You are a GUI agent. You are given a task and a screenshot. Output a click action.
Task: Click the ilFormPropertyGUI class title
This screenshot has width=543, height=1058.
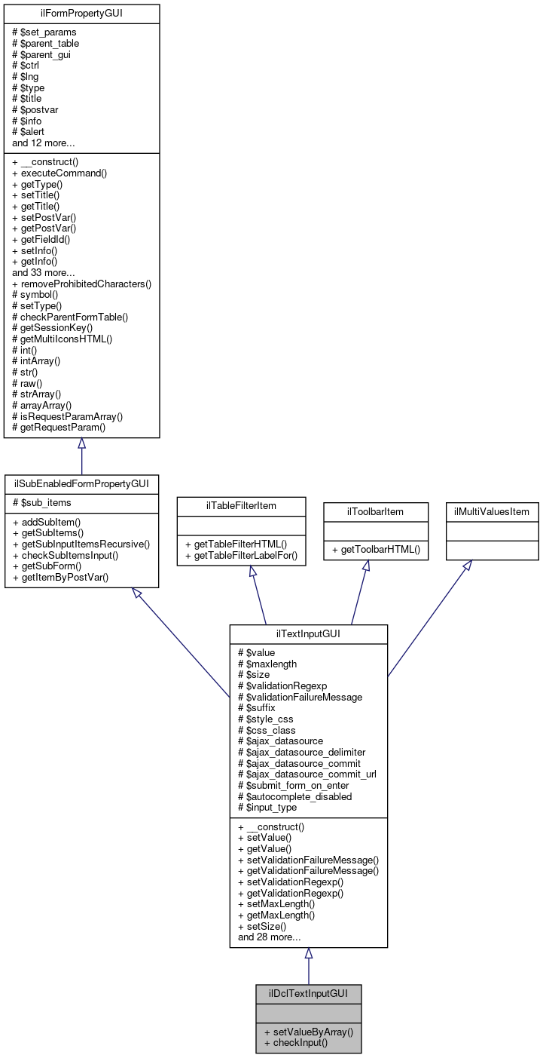tap(81, 14)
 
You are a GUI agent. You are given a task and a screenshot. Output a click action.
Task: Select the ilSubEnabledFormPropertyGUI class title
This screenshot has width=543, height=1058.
tap(81, 483)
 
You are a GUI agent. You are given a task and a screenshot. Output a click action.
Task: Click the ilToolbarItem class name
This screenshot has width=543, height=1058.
tap(365, 511)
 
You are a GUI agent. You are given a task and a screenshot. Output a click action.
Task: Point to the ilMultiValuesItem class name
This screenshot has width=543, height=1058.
tap(491, 511)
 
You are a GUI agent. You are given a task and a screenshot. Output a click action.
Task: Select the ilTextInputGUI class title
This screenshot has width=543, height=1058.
tap(308, 633)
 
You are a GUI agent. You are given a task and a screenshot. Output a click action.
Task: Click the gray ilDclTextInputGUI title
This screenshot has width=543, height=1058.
tap(308, 993)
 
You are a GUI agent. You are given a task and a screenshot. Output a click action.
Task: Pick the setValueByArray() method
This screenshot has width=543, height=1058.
tap(309, 1031)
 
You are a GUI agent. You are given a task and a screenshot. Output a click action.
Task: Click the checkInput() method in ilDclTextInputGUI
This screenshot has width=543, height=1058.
tap(296, 1043)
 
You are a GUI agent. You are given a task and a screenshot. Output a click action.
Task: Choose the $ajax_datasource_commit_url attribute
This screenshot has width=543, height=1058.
tap(307, 774)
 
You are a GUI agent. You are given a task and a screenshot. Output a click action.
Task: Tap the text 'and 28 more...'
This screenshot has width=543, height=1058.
tap(270, 937)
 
